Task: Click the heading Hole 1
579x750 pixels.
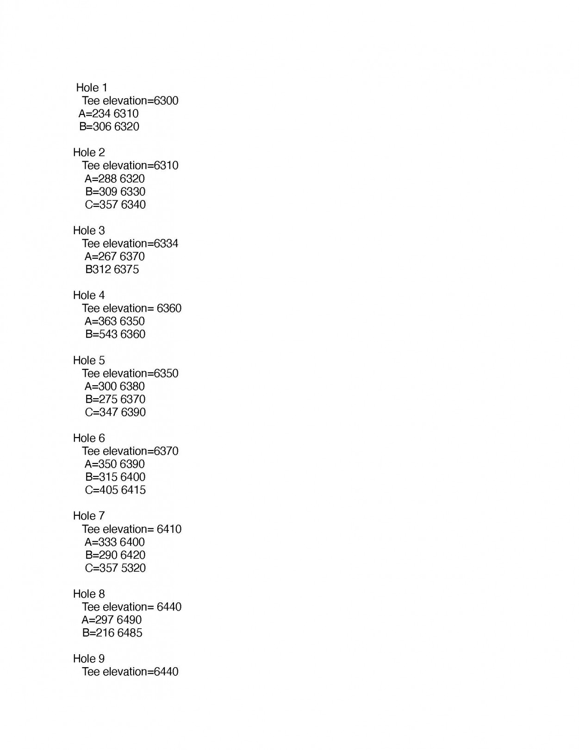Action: click(92, 87)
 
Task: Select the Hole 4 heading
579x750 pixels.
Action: click(89, 295)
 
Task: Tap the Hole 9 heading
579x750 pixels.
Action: click(89, 658)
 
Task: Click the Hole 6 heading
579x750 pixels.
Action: click(89, 438)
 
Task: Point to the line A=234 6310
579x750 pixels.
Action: click(109, 113)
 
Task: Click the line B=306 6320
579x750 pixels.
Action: click(109, 126)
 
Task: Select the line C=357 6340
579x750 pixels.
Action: click(115, 205)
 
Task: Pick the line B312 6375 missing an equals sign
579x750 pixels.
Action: click(112, 269)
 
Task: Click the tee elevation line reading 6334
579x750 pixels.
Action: click(130, 244)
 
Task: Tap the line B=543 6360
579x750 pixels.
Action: click(115, 334)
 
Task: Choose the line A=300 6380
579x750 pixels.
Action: click(115, 386)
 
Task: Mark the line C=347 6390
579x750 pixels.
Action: click(115, 412)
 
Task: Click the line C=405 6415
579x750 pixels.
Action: click(115, 490)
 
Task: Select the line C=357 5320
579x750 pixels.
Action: click(115, 568)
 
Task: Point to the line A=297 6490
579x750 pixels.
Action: click(112, 620)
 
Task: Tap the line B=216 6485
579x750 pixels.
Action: click(112, 633)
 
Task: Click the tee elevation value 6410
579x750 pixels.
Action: click(169, 529)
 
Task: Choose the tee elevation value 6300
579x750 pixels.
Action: click(166, 100)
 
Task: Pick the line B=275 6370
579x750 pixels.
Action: click(115, 399)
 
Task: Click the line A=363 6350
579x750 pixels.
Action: click(115, 321)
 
